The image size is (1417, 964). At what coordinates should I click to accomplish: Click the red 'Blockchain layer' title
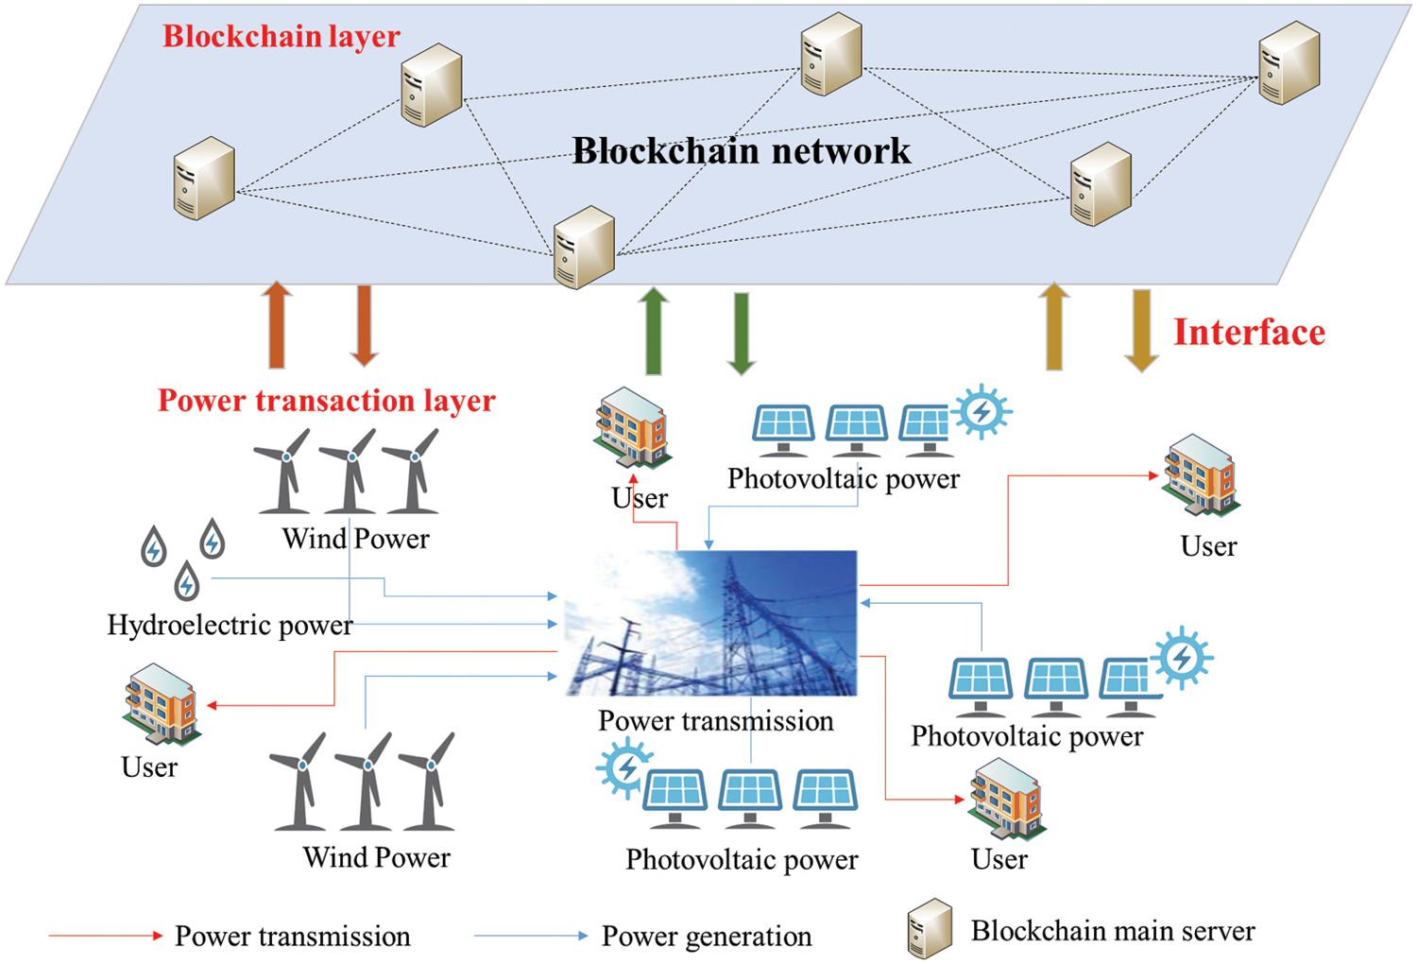click(281, 36)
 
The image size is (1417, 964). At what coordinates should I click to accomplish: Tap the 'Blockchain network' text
click(742, 151)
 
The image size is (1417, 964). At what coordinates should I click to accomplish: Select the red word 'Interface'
click(1249, 333)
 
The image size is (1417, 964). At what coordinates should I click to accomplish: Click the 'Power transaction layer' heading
click(326, 401)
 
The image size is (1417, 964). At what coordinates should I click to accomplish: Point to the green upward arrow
click(653, 331)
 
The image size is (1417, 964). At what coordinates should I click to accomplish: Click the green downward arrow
click(742, 333)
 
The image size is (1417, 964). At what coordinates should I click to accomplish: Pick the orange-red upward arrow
click(277, 324)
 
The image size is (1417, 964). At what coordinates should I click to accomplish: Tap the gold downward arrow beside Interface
click(1141, 330)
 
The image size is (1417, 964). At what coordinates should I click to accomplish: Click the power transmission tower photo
click(711, 624)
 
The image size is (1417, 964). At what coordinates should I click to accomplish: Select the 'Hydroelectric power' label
click(230, 626)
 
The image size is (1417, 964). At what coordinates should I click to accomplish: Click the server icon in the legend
click(930, 928)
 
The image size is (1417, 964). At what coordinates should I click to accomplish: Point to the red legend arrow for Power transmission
click(106, 936)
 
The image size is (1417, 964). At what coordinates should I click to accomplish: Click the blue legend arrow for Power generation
click(531, 936)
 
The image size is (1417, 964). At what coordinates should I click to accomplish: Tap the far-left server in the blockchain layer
click(203, 179)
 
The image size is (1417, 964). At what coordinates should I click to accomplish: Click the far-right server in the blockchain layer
click(1289, 63)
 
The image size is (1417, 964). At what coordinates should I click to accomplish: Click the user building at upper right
click(1201, 475)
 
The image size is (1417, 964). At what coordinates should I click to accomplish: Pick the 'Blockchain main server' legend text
click(1113, 931)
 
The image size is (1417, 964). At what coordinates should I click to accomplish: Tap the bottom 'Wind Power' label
click(376, 857)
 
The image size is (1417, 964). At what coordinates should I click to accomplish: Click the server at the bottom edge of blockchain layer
click(584, 247)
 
